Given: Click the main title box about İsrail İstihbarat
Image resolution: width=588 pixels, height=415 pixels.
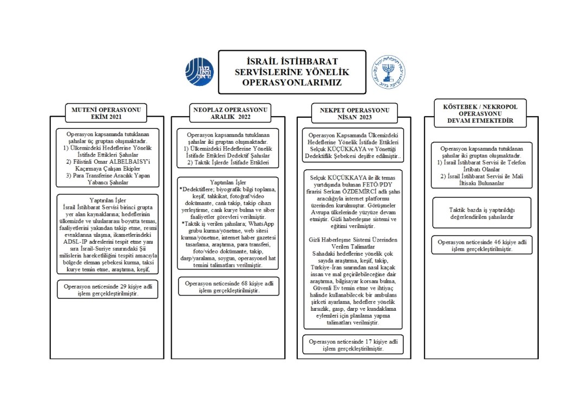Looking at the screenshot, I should (288, 72).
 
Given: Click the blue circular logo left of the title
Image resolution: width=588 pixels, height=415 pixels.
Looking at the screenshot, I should (200, 72).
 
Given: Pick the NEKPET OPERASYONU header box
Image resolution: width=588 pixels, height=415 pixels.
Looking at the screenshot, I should (354, 113).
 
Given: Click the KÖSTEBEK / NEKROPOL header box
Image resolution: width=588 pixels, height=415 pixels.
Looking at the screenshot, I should (473, 113).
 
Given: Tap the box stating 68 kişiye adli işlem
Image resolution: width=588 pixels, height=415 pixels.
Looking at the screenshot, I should (228, 286).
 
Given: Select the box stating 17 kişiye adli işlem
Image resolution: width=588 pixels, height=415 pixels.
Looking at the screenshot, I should (352, 345).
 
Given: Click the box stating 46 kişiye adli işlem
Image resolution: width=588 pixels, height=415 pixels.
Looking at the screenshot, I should (481, 245).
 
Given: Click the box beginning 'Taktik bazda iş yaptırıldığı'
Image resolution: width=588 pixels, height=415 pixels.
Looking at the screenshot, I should (481, 213).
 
